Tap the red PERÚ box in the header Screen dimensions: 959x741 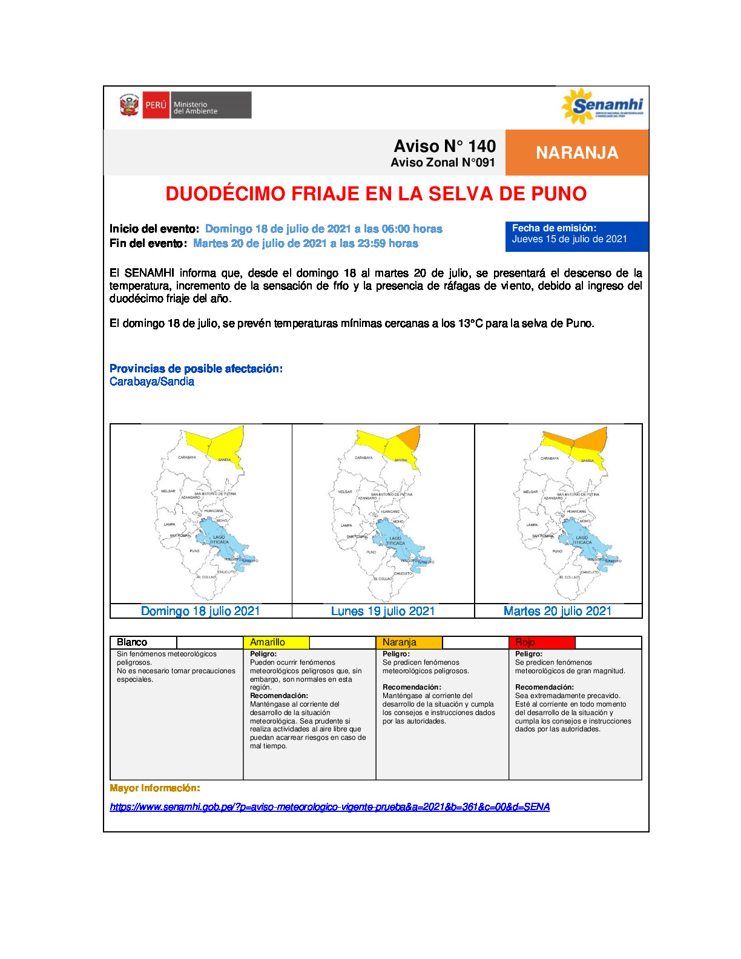click(156, 105)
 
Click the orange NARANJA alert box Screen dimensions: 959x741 click(577, 153)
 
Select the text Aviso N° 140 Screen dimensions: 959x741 click(444, 146)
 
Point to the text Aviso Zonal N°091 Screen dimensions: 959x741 click(443, 163)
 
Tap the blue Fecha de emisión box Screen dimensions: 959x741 click(576, 236)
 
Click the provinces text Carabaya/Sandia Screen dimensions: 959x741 click(152, 381)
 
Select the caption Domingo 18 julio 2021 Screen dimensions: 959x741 click(200, 611)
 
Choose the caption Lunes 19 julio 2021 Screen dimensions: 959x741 click(383, 611)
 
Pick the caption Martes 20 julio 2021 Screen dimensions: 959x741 click(558, 611)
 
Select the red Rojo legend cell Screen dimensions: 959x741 click(542, 642)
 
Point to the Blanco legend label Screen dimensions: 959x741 click(132, 642)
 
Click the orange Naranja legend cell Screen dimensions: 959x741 click(409, 642)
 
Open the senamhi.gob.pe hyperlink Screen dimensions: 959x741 click(329, 806)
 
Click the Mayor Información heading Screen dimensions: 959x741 click(154, 788)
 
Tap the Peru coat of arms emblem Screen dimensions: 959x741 click(129, 105)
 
